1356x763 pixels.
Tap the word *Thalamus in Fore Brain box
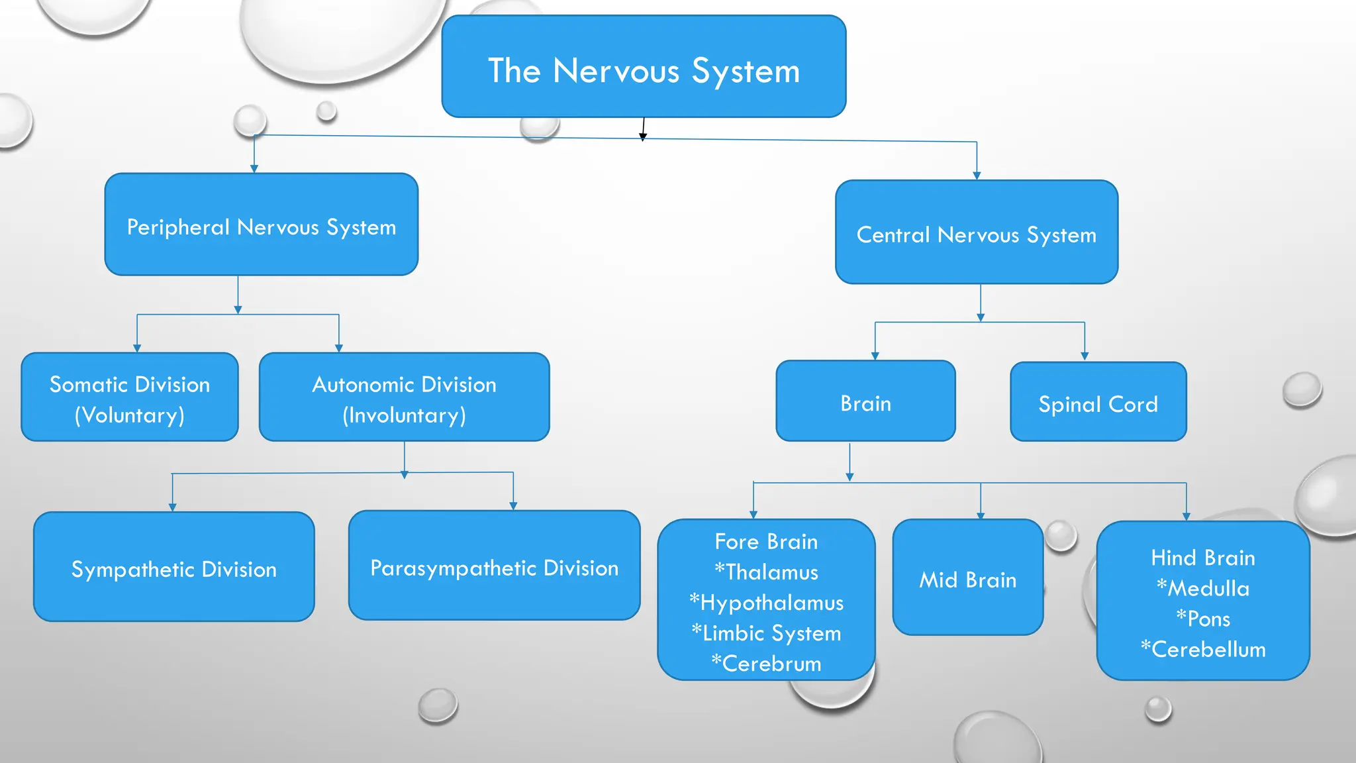pyautogui.click(x=766, y=572)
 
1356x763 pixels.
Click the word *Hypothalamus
pyautogui.click(x=766, y=603)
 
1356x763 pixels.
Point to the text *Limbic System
pyautogui.click(x=766, y=633)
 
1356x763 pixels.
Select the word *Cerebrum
pyautogui.click(x=766, y=664)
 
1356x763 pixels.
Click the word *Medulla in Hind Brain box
pyautogui.click(x=1203, y=588)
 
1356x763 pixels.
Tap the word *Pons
pyautogui.click(x=1203, y=619)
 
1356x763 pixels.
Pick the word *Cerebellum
pyautogui.click(x=1203, y=649)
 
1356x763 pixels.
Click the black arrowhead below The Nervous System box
pyautogui.click(x=642, y=137)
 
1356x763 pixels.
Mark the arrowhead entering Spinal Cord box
pyautogui.click(x=1085, y=356)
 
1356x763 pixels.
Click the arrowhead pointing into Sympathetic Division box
pyautogui.click(x=172, y=507)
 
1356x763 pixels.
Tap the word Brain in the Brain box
pyautogui.click(x=865, y=403)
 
